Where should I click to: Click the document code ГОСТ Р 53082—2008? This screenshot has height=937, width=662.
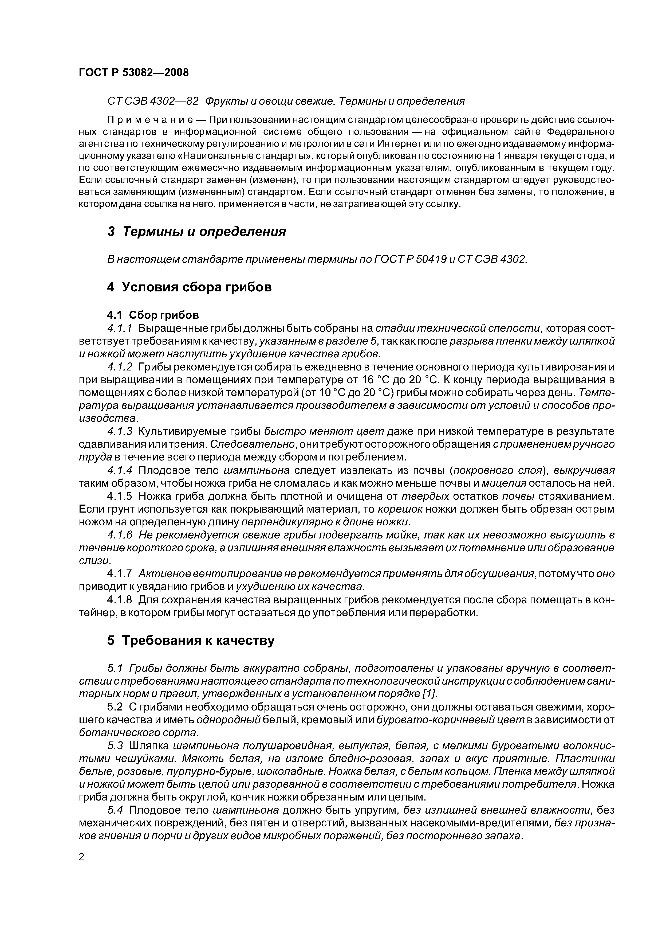(x=133, y=73)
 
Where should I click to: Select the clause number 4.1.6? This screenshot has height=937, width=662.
(x=120, y=535)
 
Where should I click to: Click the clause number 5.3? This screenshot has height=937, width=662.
(x=115, y=745)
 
